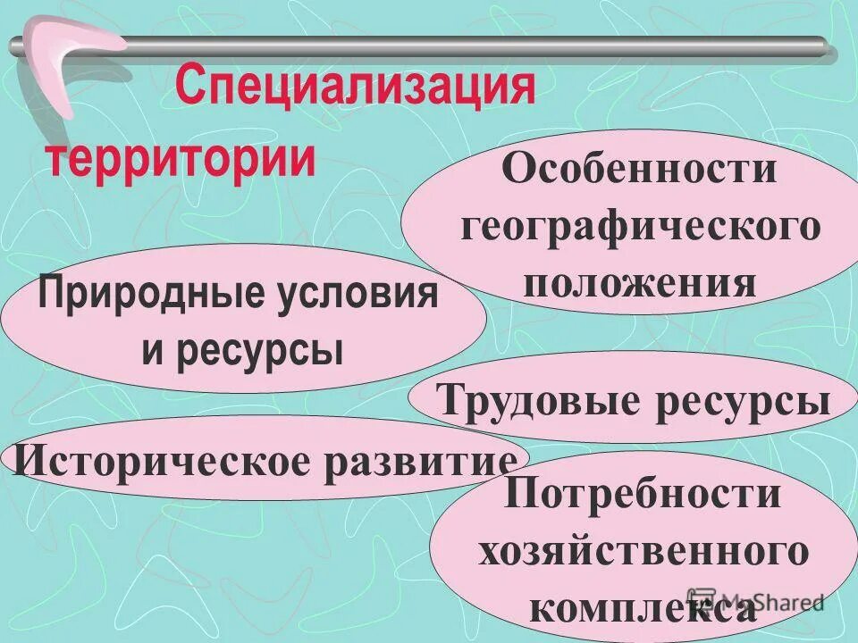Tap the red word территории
(181, 160)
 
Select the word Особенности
(639, 169)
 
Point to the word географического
(640, 227)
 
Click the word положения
(640, 283)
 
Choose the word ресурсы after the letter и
(259, 349)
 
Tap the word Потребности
(643, 494)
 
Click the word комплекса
(642, 610)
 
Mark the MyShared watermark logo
(755, 600)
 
